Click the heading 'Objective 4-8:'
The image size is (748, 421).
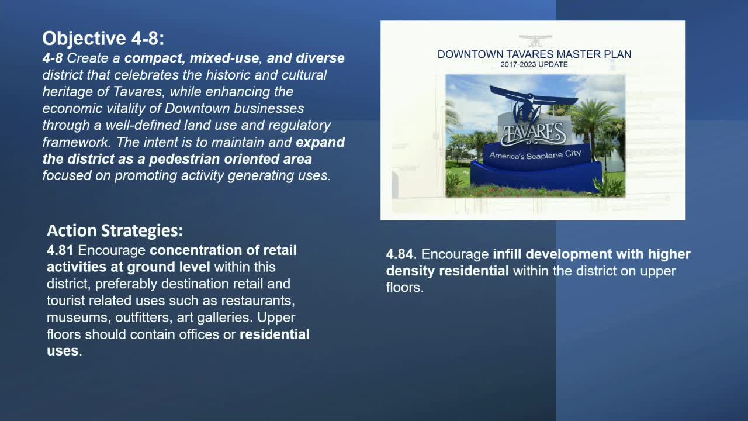(x=103, y=39)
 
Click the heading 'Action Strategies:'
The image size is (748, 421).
(x=115, y=230)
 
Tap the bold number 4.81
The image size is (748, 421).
(x=60, y=251)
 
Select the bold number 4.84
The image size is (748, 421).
(x=400, y=255)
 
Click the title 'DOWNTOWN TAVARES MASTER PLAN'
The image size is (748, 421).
(x=534, y=54)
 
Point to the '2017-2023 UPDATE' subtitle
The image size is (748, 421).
(x=534, y=65)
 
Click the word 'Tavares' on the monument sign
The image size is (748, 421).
(x=532, y=133)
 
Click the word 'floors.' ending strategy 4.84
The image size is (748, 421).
(x=404, y=288)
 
